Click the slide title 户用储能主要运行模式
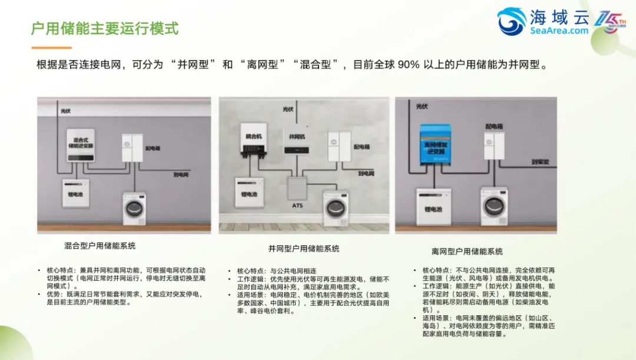(x=104, y=28)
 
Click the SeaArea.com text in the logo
(x=559, y=31)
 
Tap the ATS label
(x=298, y=206)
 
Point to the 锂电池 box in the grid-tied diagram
(x=249, y=193)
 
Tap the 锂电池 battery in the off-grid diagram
(x=433, y=206)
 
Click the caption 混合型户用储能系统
(x=100, y=246)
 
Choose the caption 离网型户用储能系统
(x=467, y=252)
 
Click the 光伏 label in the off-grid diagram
(x=422, y=107)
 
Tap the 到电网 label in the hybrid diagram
(x=181, y=175)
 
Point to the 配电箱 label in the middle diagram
(x=361, y=147)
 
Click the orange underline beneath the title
(x=51, y=48)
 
